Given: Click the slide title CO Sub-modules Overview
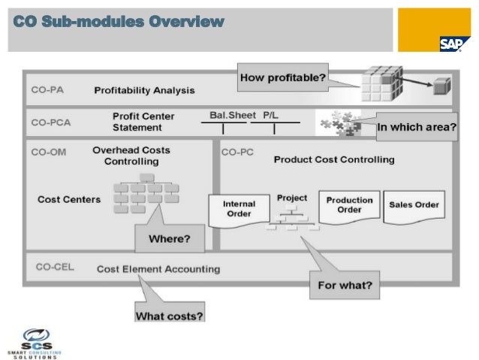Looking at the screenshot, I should pos(119,20).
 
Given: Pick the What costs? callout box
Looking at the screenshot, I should pos(169,316).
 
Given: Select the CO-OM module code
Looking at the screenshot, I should pos(49,152).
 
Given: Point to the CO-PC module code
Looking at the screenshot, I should pos(237,152).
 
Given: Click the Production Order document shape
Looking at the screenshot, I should pos(348,205).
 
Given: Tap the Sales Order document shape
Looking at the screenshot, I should pos(414,204).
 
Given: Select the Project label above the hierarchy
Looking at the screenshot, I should pos(292,198).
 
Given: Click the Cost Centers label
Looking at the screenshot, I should pos(68,199).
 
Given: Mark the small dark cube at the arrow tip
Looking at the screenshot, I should pos(439,87).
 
